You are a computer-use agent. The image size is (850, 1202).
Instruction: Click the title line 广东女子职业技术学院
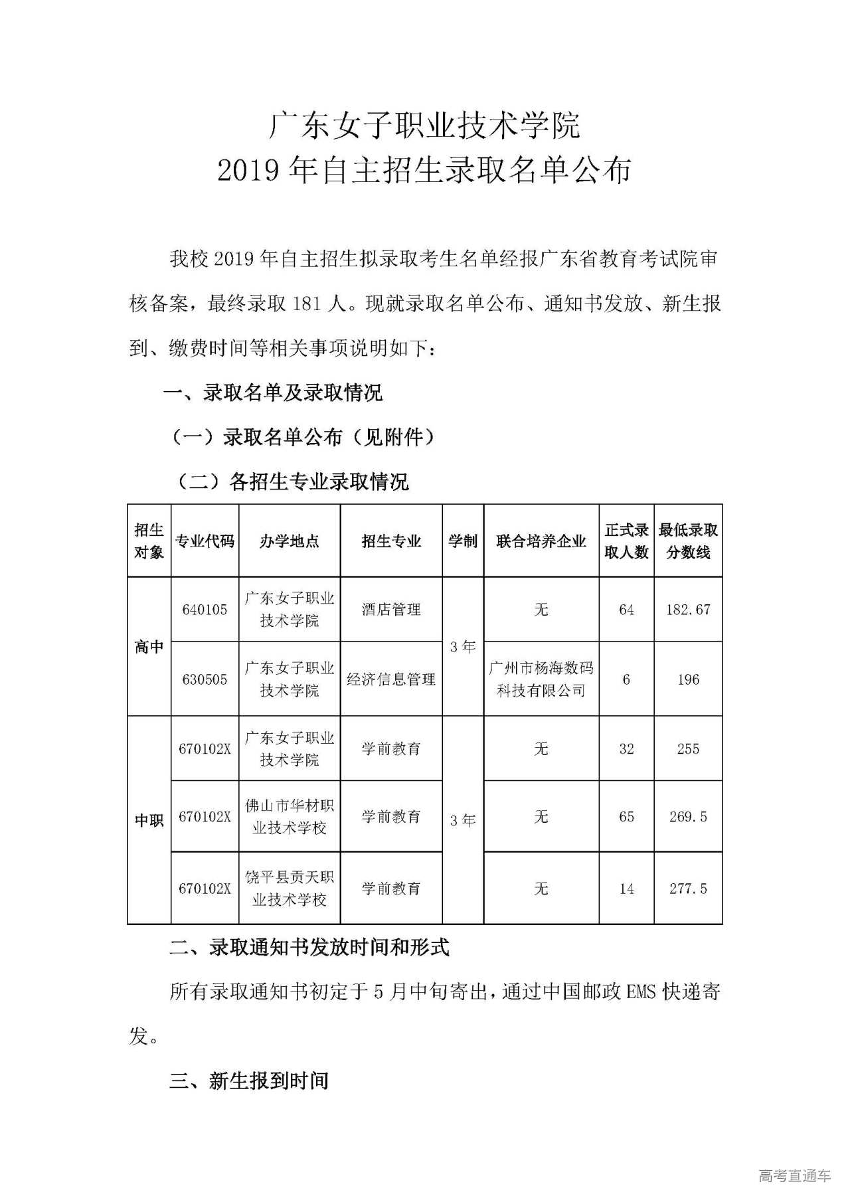pyautogui.click(x=424, y=125)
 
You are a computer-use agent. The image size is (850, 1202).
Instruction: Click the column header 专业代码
pyautogui.click(x=205, y=541)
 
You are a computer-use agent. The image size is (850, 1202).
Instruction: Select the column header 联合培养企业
pyautogui.click(x=541, y=541)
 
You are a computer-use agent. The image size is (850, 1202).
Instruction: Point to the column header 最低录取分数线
pyautogui.click(x=688, y=541)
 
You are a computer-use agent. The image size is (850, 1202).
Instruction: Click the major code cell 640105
pyautogui.click(x=205, y=610)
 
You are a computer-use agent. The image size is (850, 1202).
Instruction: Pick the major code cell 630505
pyautogui.click(x=205, y=679)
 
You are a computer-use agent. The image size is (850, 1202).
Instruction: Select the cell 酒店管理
pyautogui.click(x=391, y=610)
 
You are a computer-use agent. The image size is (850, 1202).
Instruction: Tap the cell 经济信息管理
pyautogui.click(x=391, y=679)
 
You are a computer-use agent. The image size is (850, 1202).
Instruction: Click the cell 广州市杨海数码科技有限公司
pyautogui.click(x=541, y=679)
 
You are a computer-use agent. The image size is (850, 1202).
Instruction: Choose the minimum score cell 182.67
pyautogui.click(x=688, y=610)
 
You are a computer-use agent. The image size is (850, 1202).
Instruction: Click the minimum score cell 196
pyautogui.click(x=688, y=679)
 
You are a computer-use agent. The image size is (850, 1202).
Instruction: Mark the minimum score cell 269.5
pyautogui.click(x=688, y=817)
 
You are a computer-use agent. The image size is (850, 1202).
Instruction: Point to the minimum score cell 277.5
pyautogui.click(x=688, y=889)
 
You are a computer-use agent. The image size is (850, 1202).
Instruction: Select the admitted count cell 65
pyautogui.click(x=626, y=817)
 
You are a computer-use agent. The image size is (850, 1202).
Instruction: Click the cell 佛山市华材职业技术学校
pyautogui.click(x=289, y=817)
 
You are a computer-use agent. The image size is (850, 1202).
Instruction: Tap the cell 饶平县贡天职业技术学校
pyautogui.click(x=289, y=889)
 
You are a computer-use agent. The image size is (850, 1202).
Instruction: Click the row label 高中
pyautogui.click(x=149, y=647)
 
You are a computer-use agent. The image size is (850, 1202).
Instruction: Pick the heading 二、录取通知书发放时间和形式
pyautogui.click(x=309, y=947)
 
